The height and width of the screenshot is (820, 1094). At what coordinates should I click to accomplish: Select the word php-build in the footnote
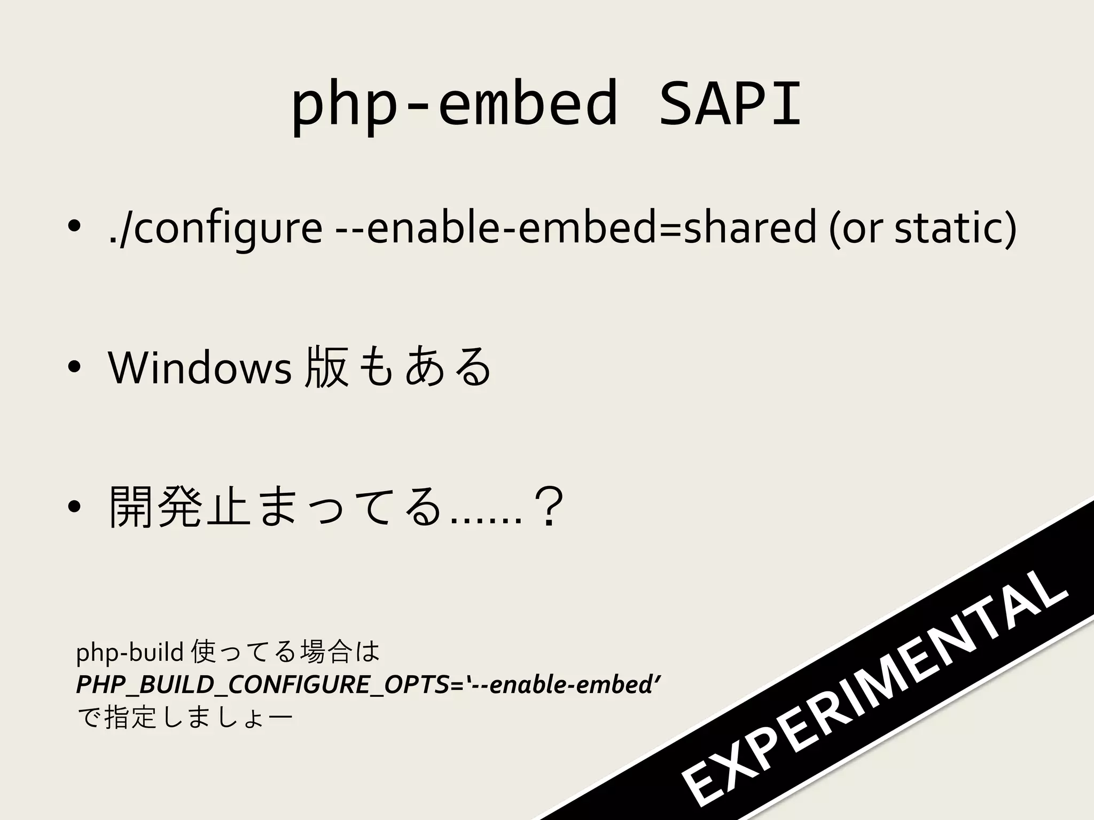(x=130, y=652)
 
